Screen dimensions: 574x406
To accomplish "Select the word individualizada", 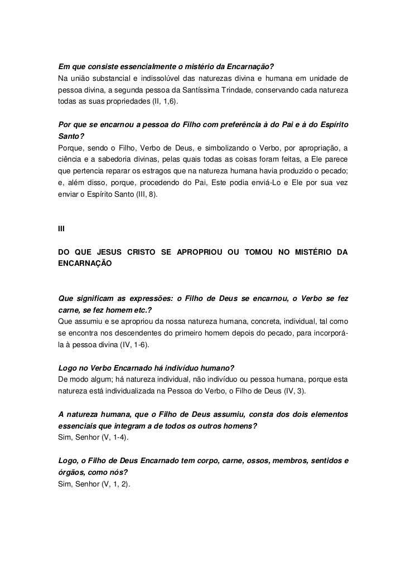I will tap(132, 391).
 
